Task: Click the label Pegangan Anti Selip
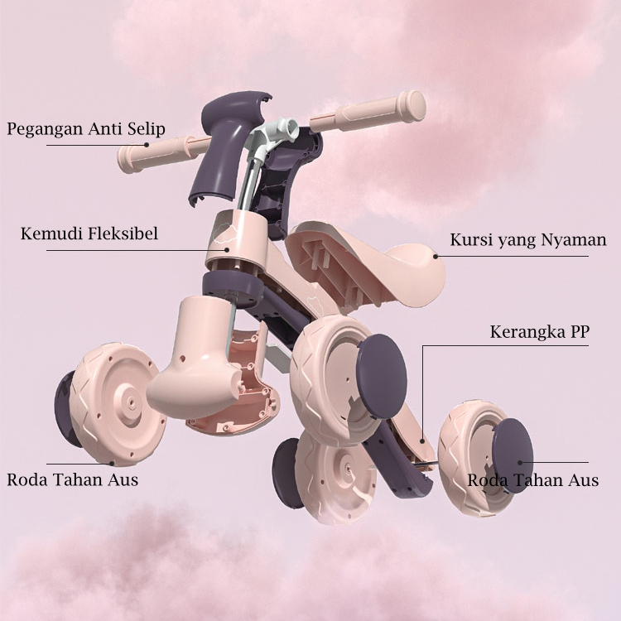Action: (86, 129)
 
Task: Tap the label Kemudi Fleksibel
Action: (89, 234)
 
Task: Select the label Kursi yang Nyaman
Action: (527, 241)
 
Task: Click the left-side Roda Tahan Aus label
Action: (73, 479)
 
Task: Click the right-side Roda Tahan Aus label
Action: (532, 480)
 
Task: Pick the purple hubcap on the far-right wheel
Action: (513, 455)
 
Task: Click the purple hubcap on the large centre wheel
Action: (382, 372)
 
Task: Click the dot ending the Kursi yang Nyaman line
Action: (435, 256)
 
